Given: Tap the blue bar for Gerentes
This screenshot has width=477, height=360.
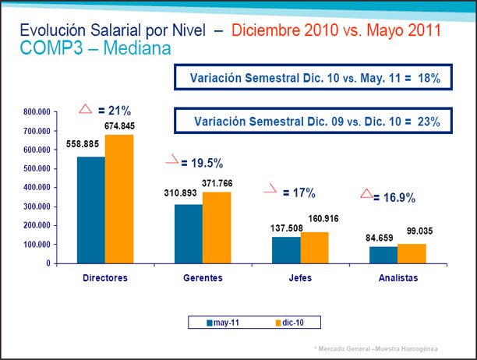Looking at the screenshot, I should point(188,233).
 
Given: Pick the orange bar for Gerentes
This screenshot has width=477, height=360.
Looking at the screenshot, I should point(217,228).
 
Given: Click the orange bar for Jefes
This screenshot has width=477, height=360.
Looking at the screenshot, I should point(314,247).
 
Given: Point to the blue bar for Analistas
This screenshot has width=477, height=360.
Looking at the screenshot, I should point(383,255).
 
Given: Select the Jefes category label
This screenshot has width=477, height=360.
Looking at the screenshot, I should point(300,277).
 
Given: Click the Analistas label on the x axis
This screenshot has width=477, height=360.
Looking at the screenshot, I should point(397,277).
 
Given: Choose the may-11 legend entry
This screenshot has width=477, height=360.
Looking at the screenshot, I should point(223,321).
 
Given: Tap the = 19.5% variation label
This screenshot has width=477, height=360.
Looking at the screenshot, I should point(202,163).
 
